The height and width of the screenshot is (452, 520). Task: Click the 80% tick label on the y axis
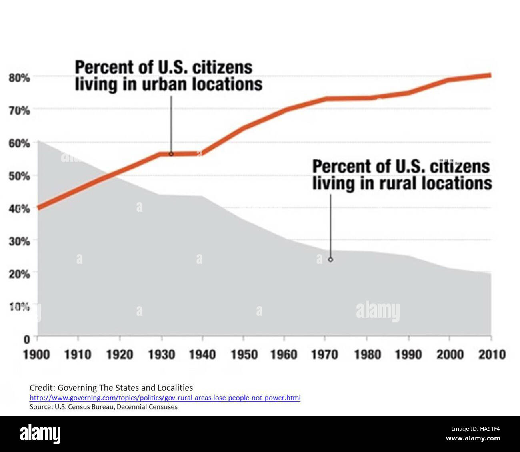click(x=19, y=78)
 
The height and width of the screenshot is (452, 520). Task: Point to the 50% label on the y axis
click(x=19, y=176)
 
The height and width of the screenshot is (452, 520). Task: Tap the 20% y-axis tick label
click(x=19, y=274)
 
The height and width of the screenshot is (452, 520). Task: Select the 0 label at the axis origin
click(x=27, y=340)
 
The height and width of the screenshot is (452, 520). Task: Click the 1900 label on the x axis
click(x=36, y=355)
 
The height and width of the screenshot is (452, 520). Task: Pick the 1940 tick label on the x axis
click(x=202, y=355)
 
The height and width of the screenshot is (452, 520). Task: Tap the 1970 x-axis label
click(x=324, y=355)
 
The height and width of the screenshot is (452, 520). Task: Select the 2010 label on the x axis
click(x=492, y=355)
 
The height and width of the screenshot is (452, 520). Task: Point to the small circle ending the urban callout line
click(x=171, y=154)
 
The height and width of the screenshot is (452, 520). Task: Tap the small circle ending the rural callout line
click(x=330, y=259)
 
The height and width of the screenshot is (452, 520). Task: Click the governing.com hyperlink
click(x=165, y=398)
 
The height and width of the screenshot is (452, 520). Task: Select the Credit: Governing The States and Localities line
click(x=111, y=388)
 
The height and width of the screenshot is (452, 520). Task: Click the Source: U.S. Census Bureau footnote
click(x=104, y=407)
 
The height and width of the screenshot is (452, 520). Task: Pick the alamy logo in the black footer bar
click(x=40, y=434)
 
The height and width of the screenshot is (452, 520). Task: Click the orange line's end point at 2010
click(x=490, y=75)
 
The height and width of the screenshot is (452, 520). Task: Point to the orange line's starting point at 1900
click(x=38, y=207)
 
